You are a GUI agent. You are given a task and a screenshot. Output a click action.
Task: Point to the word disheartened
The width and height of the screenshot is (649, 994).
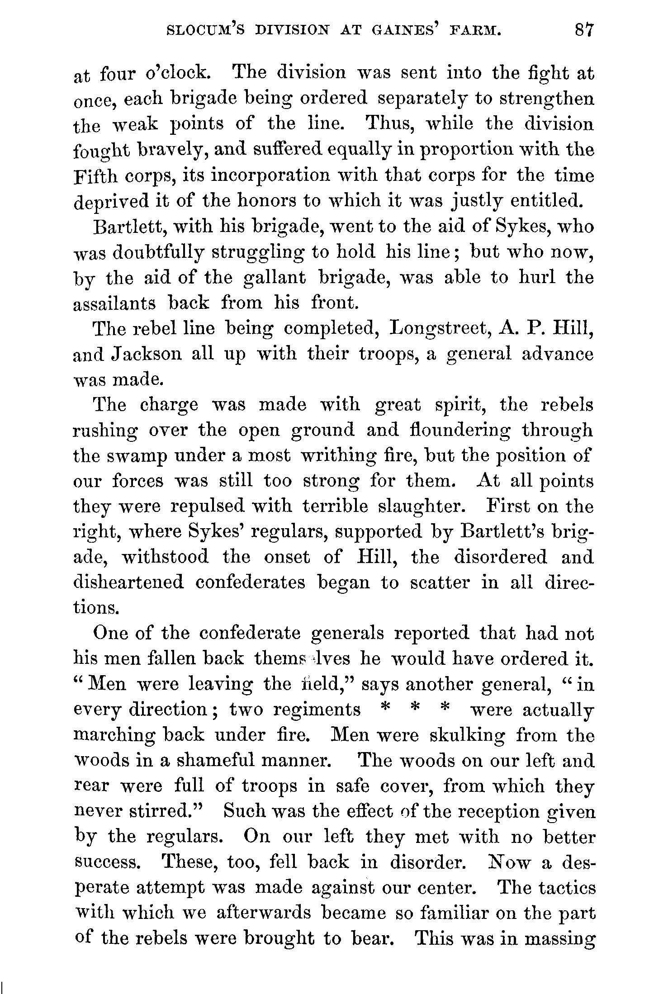128,583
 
